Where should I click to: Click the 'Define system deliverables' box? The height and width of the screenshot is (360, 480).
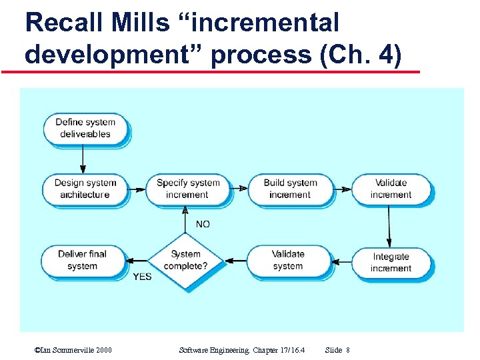(x=85, y=128)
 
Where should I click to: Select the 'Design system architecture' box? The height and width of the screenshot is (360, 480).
(x=85, y=189)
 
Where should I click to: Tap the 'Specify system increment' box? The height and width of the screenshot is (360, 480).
(x=187, y=189)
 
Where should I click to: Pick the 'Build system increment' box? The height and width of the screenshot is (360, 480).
(x=290, y=189)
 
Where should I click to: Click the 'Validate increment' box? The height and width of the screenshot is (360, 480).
(x=391, y=189)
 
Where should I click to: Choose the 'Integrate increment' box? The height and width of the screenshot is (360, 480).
(x=391, y=263)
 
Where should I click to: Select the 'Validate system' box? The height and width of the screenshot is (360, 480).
(x=288, y=260)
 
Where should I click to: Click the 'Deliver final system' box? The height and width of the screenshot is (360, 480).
(x=83, y=260)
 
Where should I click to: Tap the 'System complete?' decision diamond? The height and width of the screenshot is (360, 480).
(x=185, y=260)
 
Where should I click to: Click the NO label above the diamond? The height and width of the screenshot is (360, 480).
(x=203, y=225)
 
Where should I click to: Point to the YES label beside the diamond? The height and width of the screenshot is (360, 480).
(x=142, y=276)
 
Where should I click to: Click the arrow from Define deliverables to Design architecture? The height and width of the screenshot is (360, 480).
(x=83, y=159)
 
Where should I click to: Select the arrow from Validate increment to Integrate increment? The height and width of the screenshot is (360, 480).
(x=390, y=226)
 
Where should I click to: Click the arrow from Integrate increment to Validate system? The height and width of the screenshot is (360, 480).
(x=341, y=261)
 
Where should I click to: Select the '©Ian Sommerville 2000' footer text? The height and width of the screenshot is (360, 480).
(x=73, y=350)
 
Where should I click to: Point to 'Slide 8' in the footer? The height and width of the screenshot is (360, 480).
(x=337, y=350)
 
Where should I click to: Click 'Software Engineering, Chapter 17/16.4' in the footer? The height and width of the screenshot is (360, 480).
(x=242, y=350)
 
